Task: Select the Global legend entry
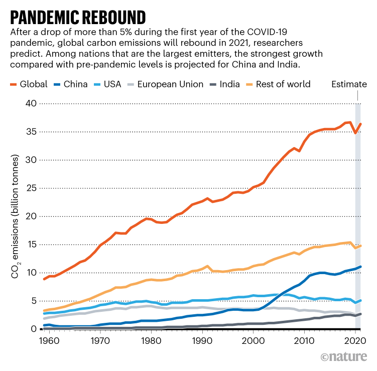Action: pyautogui.click(x=29, y=84)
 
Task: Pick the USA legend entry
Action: pyautogui.click(x=106, y=84)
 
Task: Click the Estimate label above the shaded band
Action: pyautogui.click(x=349, y=84)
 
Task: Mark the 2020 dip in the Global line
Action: pyautogui.click(x=355, y=133)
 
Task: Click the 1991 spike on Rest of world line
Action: pyautogui.click(x=207, y=266)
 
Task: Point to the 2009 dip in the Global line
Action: pyautogui.click(x=300, y=151)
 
